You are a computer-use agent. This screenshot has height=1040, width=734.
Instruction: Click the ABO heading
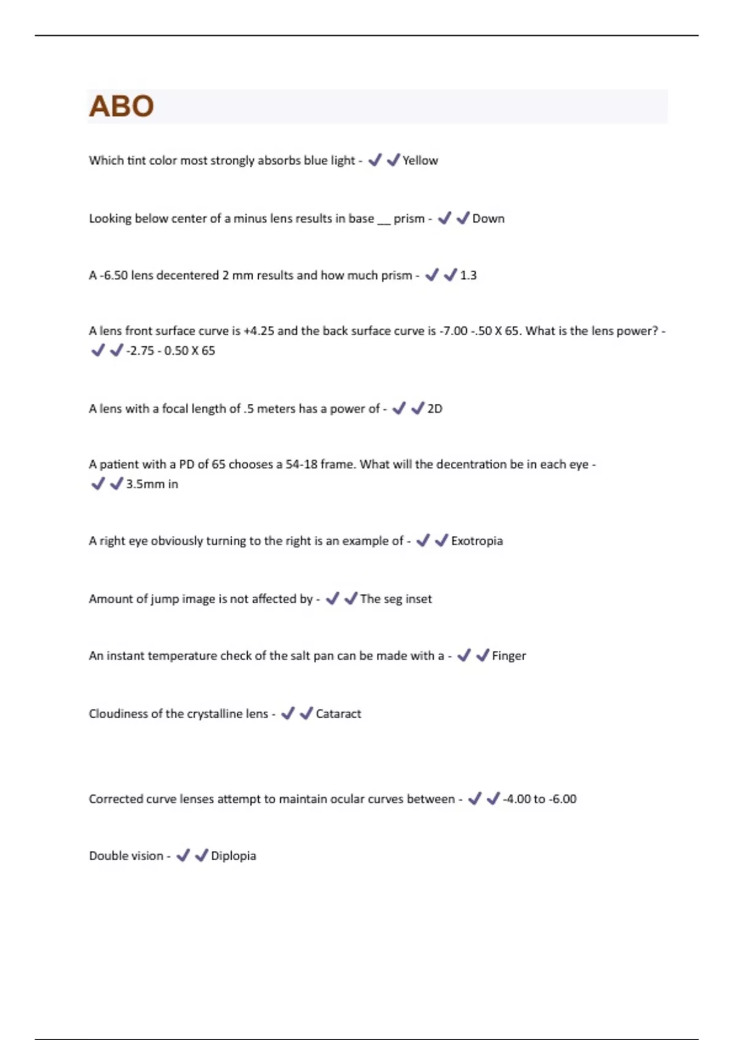click(121, 106)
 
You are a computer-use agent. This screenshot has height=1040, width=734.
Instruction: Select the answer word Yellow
click(420, 160)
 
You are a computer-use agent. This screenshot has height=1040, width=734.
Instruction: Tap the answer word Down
click(488, 218)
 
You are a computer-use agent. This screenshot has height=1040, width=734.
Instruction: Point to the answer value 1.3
click(468, 275)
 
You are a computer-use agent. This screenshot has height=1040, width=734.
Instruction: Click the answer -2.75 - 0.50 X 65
click(171, 351)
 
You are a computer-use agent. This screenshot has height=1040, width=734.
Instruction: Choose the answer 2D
click(434, 409)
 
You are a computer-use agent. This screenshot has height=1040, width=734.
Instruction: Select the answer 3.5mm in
click(152, 484)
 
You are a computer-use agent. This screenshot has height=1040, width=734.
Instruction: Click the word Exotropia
click(476, 541)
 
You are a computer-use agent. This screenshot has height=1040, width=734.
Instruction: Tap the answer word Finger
click(509, 656)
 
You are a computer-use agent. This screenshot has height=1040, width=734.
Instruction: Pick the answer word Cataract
click(338, 714)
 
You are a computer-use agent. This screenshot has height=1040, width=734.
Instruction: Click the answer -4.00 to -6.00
click(539, 799)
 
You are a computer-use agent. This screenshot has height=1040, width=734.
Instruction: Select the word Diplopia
click(233, 856)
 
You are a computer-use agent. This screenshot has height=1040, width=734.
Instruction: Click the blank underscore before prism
click(384, 221)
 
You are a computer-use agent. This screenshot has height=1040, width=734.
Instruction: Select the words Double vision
click(126, 856)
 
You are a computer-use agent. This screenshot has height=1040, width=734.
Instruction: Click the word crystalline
click(215, 714)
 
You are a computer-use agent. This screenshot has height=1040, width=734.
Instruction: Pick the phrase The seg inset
click(396, 599)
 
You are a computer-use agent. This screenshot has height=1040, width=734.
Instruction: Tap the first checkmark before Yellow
click(375, 160)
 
